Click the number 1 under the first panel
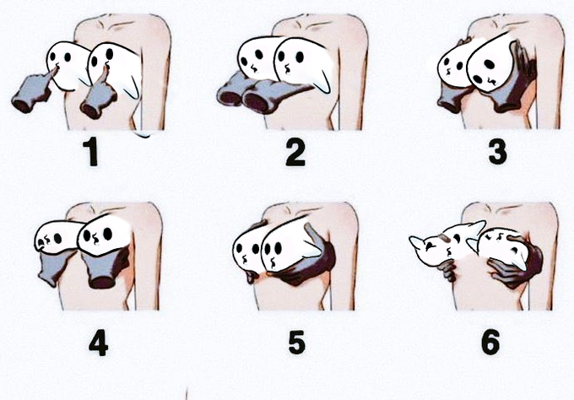pyautogui.click(x=91, y=151)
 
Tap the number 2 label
pyautogui.click(x=295, y=152)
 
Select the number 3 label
pyautogui.click(x=498, y=152)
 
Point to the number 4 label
pyautogui.click(x=98, y=343)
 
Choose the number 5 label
pyautogui.click(x=296, y=342)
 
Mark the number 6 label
pyautogui.click(x=490, y=342)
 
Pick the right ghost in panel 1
pyautogui.click(x=114, y=69)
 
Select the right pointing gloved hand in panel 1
pyautogui.click(x=97, y=96)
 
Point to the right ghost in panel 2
pyautogui.click(x=303, y=64)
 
